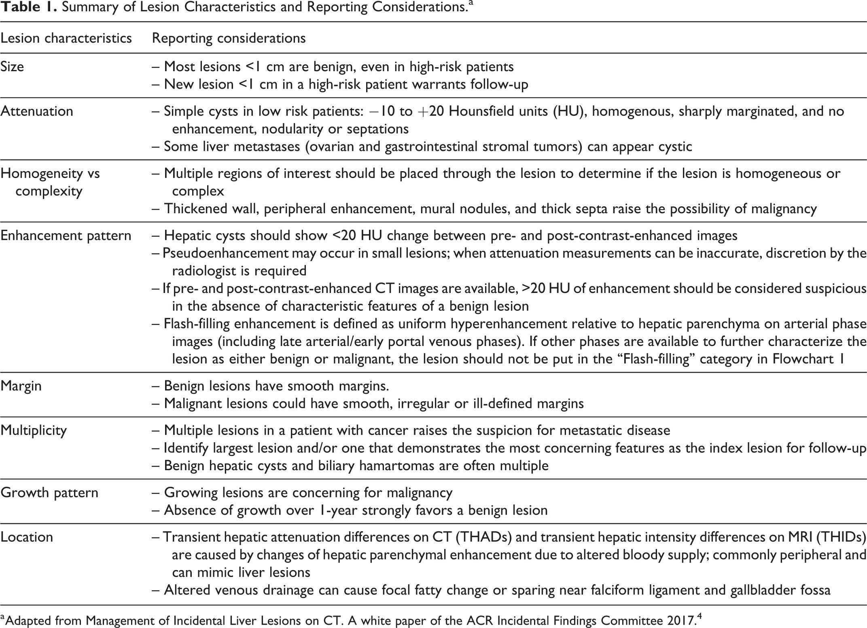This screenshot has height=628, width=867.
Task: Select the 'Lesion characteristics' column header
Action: (66, 38)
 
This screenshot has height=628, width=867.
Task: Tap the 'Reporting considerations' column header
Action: (229, 38)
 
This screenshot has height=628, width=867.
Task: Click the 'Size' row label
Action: (12, 66)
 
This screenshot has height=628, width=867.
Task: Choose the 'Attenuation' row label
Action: (37, 111)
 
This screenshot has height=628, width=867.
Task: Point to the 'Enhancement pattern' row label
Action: (66, 235)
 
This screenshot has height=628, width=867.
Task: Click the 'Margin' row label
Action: (21, 386)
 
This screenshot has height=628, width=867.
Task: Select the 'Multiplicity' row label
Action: (34, 430)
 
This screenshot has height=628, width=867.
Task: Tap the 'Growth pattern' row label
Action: (49, 492)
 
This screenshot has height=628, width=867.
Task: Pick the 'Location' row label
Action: (27, 537)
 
